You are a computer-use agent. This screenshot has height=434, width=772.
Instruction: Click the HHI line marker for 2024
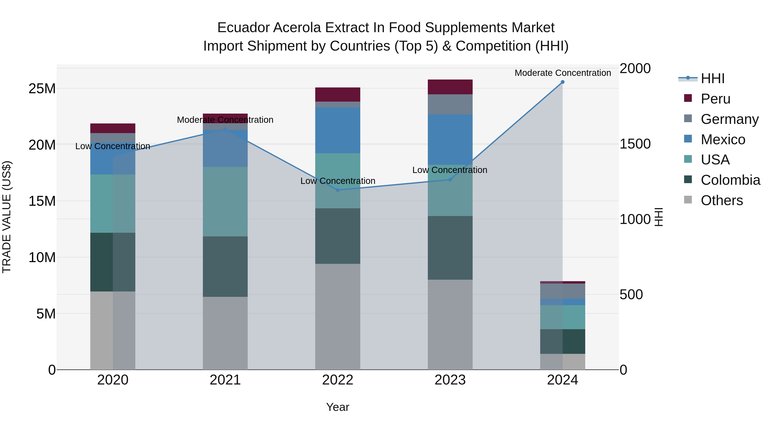point(562,82)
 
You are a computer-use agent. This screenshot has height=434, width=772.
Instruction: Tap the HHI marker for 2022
point(338,190)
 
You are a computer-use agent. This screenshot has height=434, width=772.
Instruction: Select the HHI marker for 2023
point(450,180)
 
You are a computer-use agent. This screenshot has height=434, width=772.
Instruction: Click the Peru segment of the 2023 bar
point(450,87)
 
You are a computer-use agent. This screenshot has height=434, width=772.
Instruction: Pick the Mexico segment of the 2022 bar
point(338,130)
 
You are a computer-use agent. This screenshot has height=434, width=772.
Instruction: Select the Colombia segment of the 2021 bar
point(225,267)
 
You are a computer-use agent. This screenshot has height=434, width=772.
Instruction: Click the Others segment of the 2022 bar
point(338,317)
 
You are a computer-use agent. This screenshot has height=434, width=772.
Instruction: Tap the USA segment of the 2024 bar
point(562,317)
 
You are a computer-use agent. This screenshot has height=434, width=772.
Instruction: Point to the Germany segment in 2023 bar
point(450,104)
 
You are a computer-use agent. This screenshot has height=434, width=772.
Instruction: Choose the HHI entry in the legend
point(712,78)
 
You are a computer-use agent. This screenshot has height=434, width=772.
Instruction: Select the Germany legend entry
point(730,119)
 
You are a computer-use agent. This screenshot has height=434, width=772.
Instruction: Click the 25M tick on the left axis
point(42,89)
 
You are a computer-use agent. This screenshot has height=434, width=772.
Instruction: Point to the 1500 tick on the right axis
point(635,144)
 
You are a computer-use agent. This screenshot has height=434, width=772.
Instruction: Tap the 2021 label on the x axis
point(225,380)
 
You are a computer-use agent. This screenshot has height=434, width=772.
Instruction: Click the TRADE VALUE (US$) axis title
point(7,217)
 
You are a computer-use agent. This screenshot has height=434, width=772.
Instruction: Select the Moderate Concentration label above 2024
point(562,73)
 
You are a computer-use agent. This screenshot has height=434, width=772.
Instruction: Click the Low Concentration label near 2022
point(338,181)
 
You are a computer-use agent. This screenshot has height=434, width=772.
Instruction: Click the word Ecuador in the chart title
point(243,28)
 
